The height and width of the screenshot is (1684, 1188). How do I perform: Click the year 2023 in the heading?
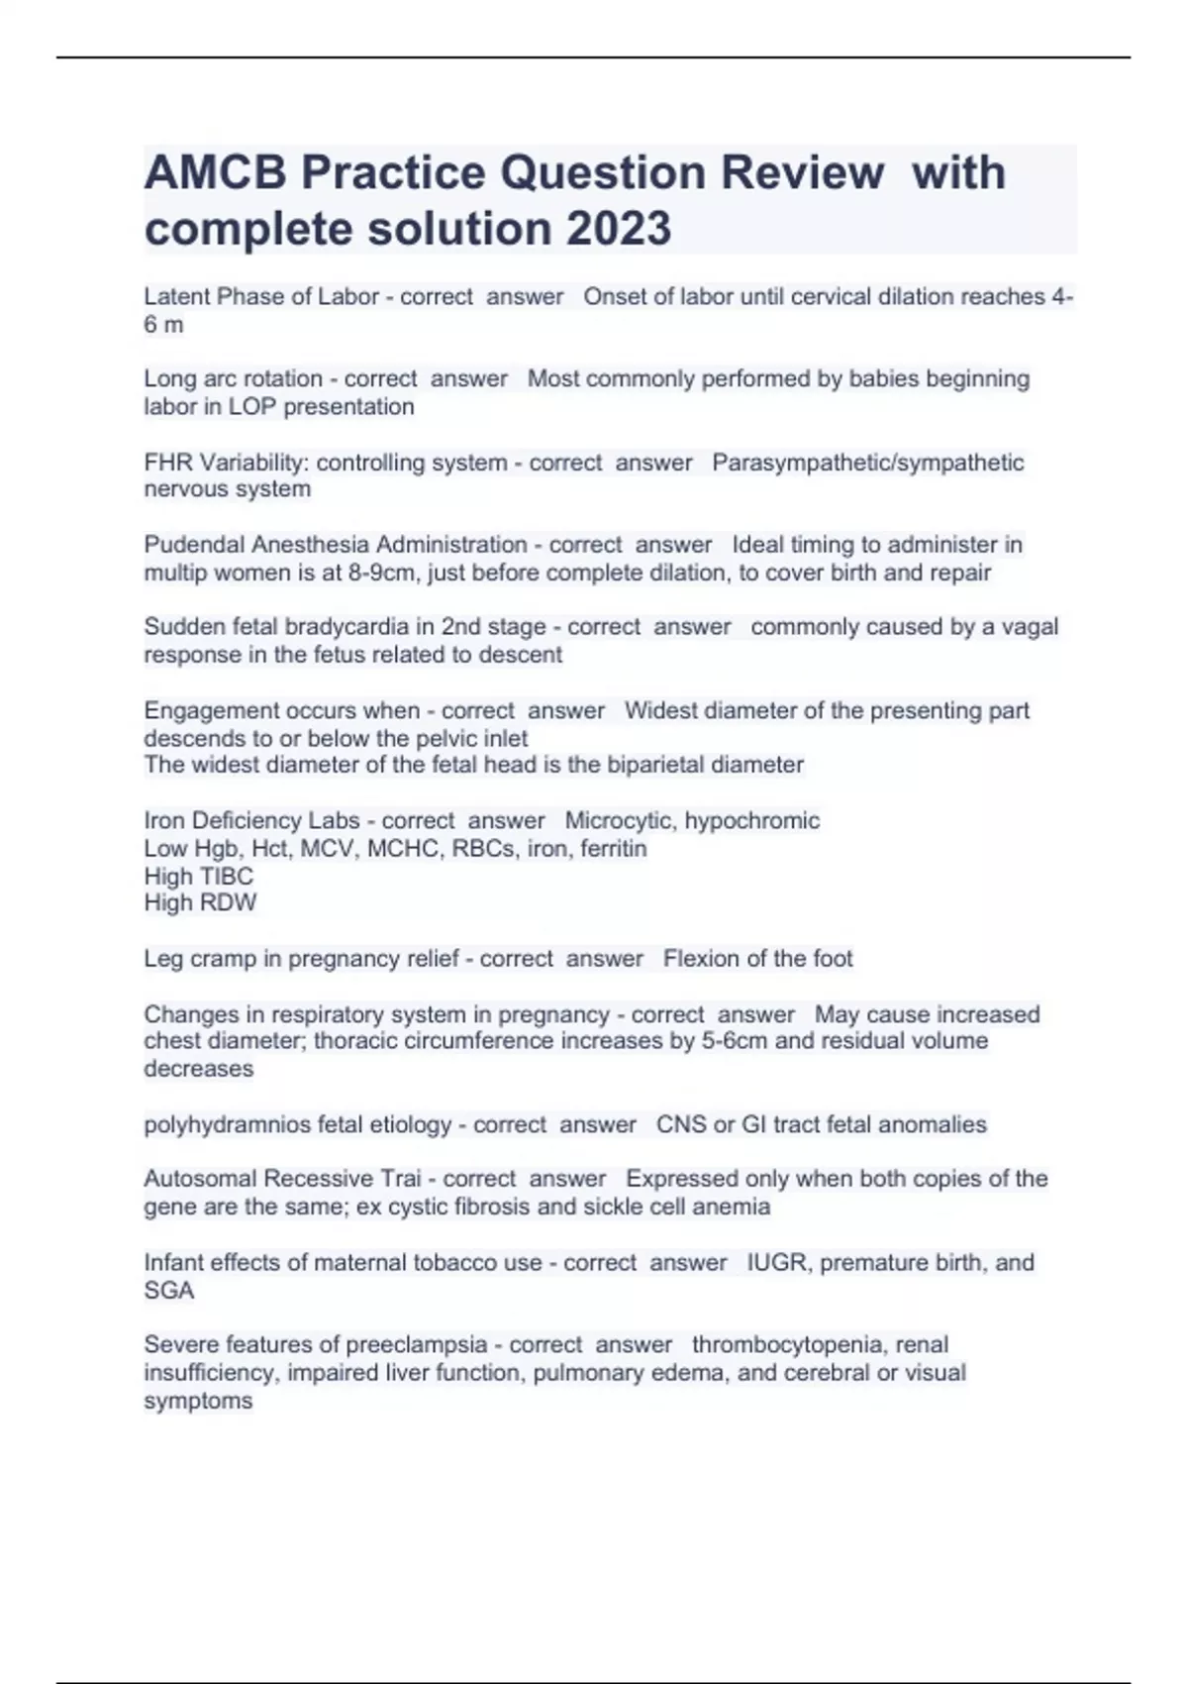(619, 229)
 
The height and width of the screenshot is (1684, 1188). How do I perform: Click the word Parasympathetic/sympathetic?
(868, 463)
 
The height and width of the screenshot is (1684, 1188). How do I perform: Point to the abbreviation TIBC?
(226, 877)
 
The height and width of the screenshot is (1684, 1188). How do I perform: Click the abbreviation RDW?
(228, 902)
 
